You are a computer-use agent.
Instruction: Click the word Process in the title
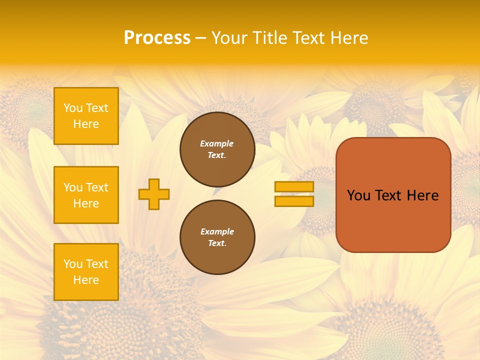click(157, 38)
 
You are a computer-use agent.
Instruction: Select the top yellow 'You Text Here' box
click(86, 116)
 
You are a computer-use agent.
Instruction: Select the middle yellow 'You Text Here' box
click(86, 195)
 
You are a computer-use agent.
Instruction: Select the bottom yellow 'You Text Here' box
click(86, 271)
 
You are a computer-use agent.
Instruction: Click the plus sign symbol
click(154, 194)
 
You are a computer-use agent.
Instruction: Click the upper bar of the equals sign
click(294, 187)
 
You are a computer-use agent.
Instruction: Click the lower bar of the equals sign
click(294, 201)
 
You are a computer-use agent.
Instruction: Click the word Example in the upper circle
click(217, 143)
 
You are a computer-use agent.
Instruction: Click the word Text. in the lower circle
click(217, 243)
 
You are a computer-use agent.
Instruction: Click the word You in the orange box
click(359, 195)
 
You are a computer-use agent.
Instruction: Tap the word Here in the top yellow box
click(86, 124)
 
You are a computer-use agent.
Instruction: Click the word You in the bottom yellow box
click(73, 264)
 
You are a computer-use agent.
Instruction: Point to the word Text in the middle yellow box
click(97, 187)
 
